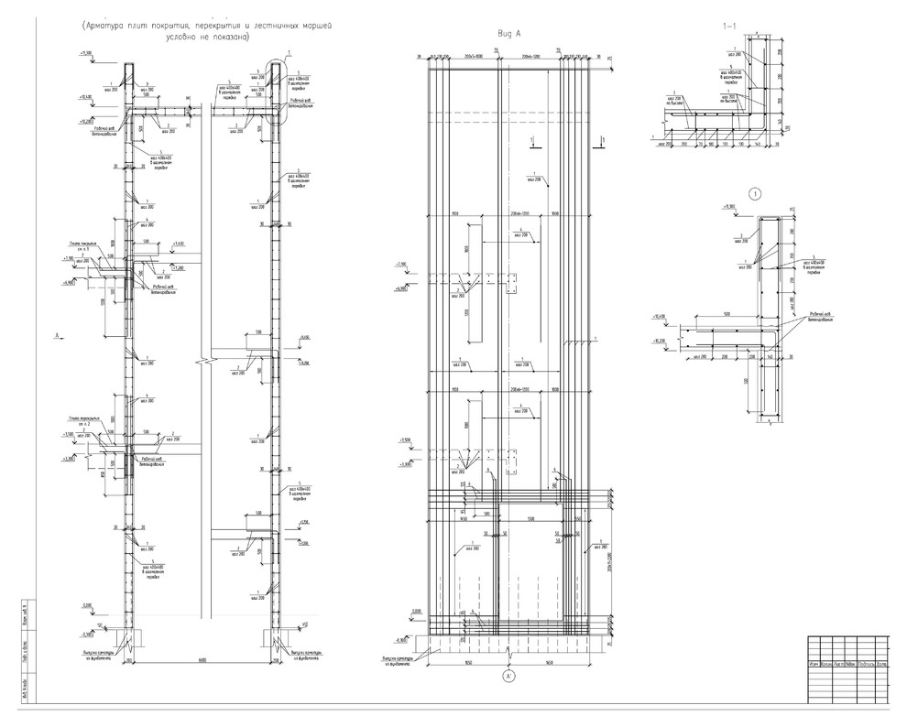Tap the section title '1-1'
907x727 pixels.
729,27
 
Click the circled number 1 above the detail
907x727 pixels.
756,194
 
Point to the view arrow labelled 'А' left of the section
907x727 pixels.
59,337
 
